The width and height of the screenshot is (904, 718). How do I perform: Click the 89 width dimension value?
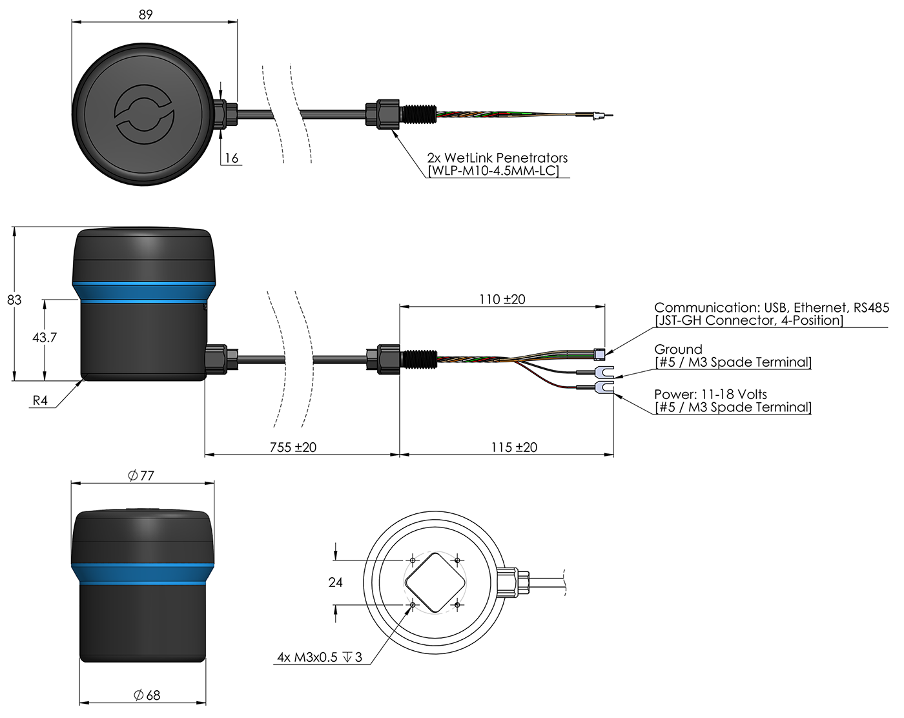point(146,14)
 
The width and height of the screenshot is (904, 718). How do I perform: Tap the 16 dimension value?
point(231,158)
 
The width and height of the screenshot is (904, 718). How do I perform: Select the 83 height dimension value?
point(14,300)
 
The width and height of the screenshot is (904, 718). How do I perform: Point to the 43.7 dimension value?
point(45,337)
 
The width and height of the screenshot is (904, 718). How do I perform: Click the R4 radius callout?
point(40,400)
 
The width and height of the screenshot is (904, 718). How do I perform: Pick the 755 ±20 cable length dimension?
point(293,447)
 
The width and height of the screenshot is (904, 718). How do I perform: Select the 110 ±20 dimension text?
point(502,299)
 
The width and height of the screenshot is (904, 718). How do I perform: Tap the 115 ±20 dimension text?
point(514,447)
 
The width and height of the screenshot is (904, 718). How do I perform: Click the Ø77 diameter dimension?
point(141,475)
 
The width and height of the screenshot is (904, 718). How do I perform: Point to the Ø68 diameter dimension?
point(147,695)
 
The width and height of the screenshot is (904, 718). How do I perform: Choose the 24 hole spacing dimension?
point(336,582)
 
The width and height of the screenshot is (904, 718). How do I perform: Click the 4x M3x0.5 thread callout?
point(320,657)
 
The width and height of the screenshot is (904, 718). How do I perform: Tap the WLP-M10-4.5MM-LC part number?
point(493,171)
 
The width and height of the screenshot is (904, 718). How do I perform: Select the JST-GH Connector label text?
point(749,320)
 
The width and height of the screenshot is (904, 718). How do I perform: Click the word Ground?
point(678,349)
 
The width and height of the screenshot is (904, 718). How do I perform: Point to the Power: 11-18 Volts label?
point(711,394)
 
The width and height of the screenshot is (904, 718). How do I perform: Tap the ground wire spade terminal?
point(603,373)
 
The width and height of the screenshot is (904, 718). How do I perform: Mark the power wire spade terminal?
point(603,388)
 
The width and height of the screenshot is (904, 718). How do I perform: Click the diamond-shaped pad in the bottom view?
point(435,582)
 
